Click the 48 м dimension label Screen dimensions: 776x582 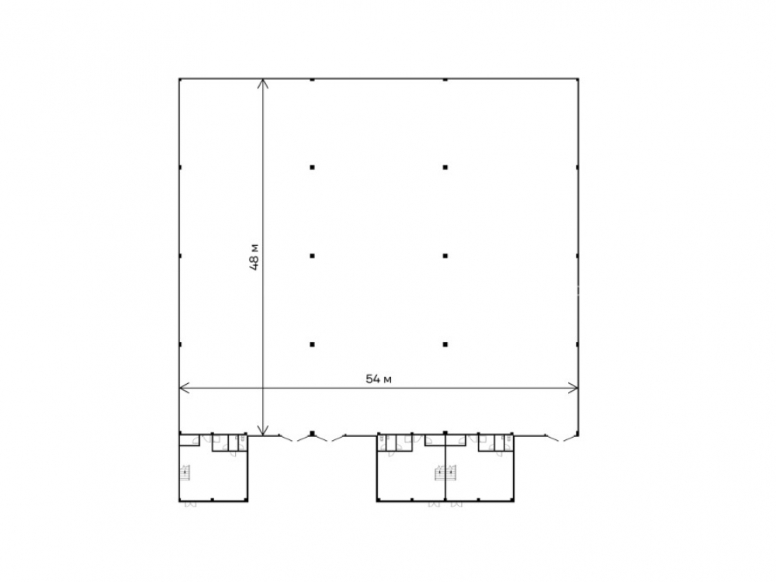[255, 256]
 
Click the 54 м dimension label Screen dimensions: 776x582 [379, 379]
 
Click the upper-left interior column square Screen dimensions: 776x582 [312, 168]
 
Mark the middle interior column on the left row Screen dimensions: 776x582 [312, 256]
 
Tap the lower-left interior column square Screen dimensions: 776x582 [312, 344]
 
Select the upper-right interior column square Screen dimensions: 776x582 [445, 168]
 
